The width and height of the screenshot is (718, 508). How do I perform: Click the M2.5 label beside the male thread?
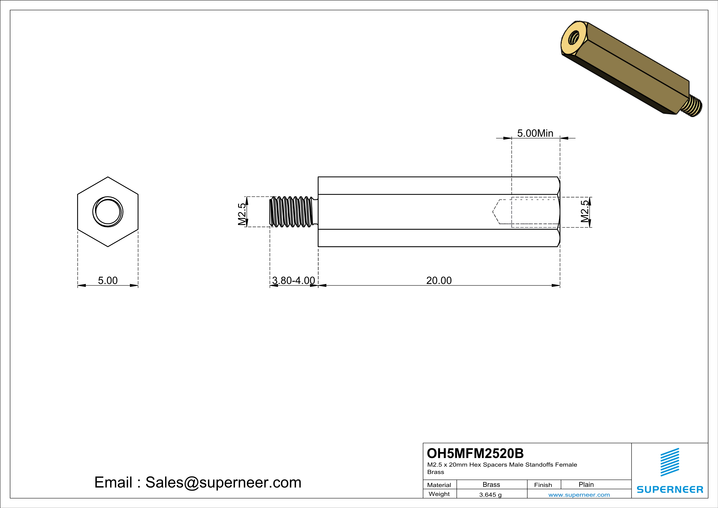click(242, 214)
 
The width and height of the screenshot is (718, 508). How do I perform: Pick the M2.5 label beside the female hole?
click(585, 211)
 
